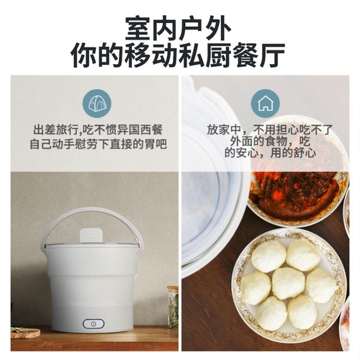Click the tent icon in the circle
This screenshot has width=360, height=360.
pos(95,104)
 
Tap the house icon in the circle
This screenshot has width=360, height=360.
pos(265,104)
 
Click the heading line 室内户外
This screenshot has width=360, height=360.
pos(179,27)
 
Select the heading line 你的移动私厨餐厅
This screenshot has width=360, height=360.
pos(179,56)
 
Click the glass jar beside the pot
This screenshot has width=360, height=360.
pos(173,306)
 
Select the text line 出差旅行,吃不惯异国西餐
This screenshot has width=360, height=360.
pos(98,130)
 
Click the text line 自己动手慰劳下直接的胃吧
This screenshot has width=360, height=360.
pos(98,144)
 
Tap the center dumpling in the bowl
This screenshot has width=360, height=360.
pos(287,283)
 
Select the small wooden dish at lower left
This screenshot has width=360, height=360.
pos(25,332)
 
